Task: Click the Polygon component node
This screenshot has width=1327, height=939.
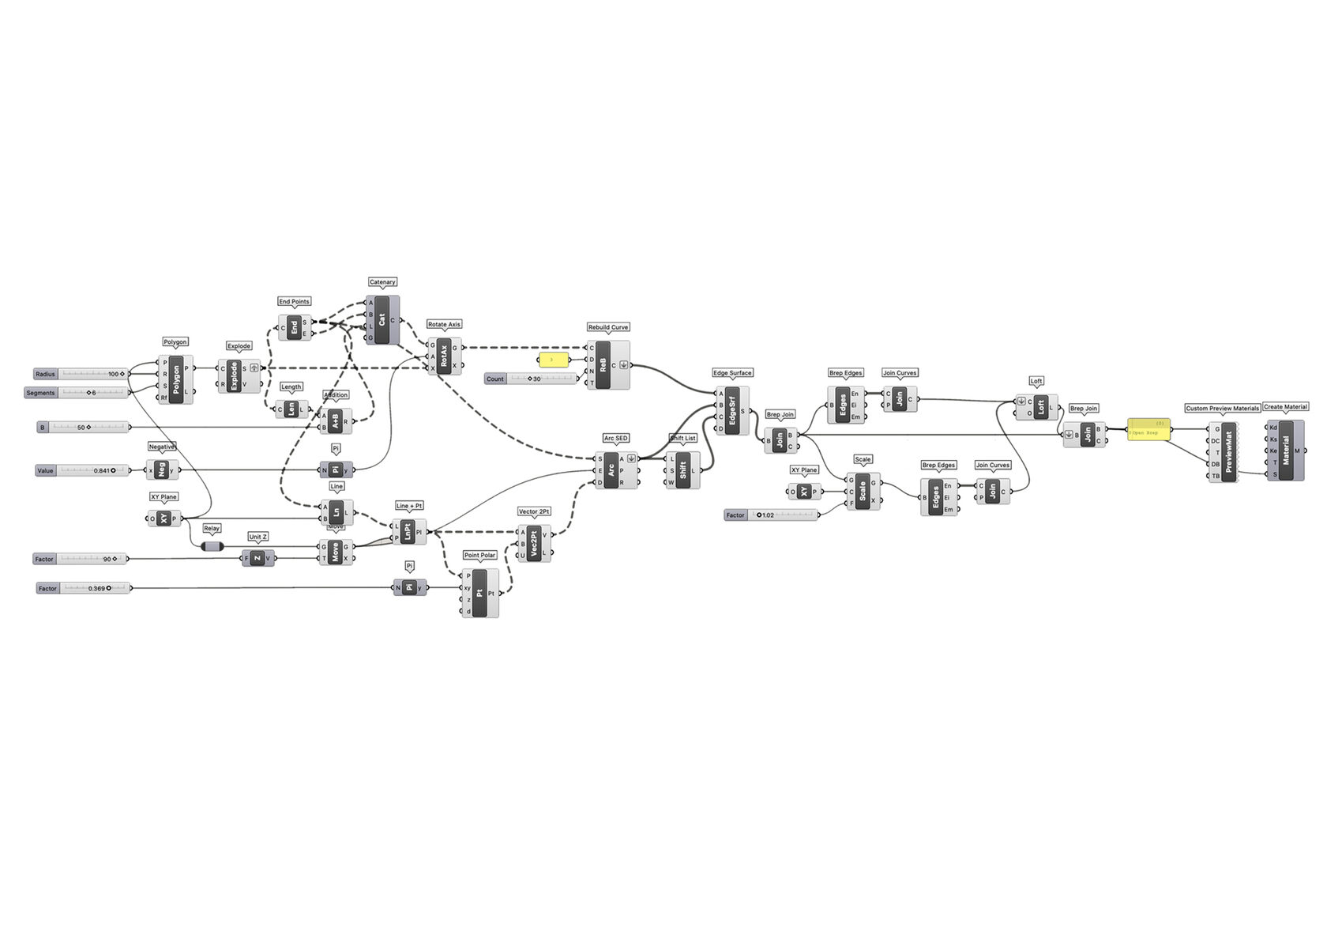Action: click(x=175, y=380)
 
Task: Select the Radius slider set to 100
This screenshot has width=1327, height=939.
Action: click(x=81, y=374)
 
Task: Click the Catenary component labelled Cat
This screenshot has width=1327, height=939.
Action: click(x=382, y=320)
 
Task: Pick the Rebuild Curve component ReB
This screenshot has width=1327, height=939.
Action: click(x=603, y=365)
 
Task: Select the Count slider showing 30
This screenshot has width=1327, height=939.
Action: click(x=532, y=379)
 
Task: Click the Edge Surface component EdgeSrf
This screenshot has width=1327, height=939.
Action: click(x=731, y=411)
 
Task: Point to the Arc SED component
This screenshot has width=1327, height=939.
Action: click(x=611, y=470)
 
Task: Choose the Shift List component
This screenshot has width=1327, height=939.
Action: click(x=682, y=470)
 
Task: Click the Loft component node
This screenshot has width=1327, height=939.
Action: click(x=1040, y=407)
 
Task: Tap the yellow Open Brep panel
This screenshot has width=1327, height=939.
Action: click(x=1148, y=430)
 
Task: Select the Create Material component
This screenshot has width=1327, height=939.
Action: click(x=1285, y=451)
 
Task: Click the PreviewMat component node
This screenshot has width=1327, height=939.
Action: click(x=1228, y=452)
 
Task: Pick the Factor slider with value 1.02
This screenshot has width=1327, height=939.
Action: click(x=771, y=515)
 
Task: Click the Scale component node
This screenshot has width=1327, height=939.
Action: click(x=863, y=491)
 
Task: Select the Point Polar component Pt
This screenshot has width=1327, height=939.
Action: click(x=479, y=593)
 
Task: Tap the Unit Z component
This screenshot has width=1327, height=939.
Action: click(x=257, y=558)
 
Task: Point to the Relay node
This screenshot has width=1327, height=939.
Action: click(x=212, y=546)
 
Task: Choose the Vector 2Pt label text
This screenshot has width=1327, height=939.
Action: click(x=534, y=511)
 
